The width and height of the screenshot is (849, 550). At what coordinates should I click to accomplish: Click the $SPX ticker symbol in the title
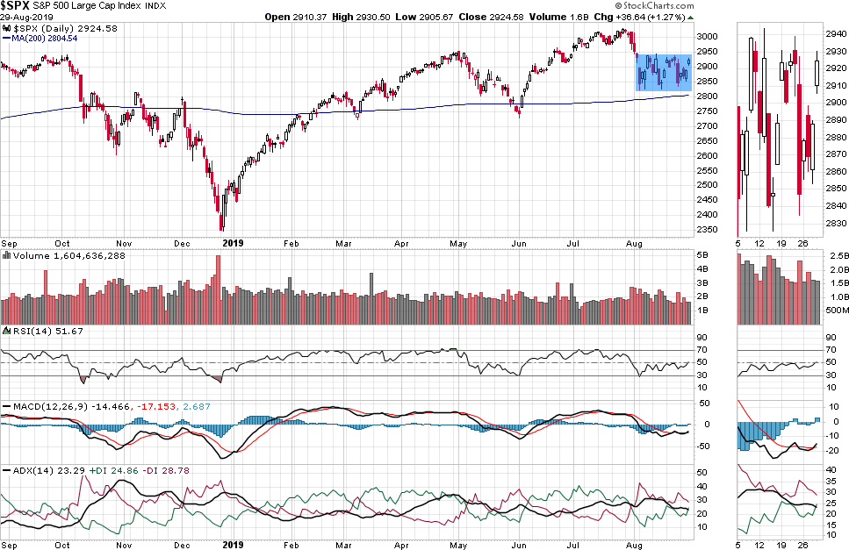(x=17, y=5)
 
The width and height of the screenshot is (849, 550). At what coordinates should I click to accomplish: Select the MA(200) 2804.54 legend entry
(x=42, y=38)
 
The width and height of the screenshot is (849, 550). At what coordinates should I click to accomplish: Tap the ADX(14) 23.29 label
(x=32, y=470)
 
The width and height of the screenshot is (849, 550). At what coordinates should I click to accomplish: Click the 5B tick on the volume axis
(x=702, y=255)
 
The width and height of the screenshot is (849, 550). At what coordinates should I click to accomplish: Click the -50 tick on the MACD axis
(x=704, y=446)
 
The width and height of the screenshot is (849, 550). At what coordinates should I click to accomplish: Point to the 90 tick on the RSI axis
(x=702, y=337)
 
